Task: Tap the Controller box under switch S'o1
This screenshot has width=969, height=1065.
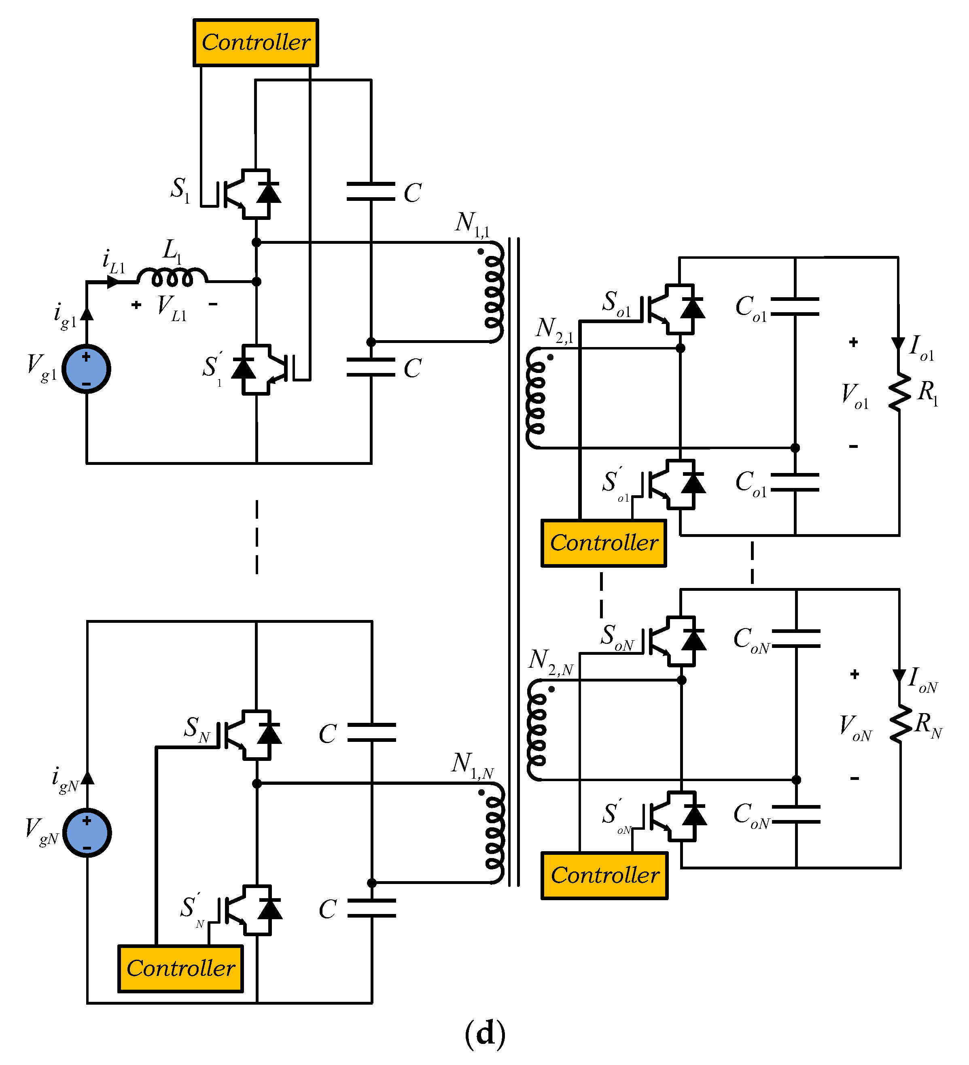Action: [604, 543]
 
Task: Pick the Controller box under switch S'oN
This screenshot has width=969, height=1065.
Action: [604, 875]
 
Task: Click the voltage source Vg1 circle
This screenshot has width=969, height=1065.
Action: [87, 369]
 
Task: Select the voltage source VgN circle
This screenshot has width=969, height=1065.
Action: [87, 833]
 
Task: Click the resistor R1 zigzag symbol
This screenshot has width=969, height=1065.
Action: [899, 392]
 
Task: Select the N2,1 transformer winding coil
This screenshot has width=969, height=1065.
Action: [536, 398]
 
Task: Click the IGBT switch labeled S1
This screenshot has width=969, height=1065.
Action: [248, 194]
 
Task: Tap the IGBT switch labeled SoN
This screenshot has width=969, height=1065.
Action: [673, 641]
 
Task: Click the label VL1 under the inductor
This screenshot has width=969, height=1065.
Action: [172, 307]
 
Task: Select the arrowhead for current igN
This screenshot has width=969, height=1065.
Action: [88, 777]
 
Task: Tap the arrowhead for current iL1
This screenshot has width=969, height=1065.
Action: [113, 282]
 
